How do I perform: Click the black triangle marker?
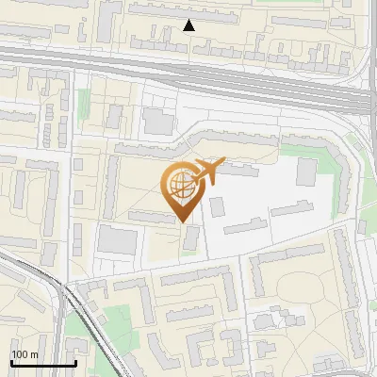[188, 25]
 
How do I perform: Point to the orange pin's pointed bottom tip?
[183, 221]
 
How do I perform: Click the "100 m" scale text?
[25, 353]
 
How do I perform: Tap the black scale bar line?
[42, 363]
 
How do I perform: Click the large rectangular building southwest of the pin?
[117, 240]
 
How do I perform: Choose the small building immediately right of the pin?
[217, 205]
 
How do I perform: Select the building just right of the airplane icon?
[241, 172]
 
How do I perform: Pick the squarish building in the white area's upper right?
[306, 172]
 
